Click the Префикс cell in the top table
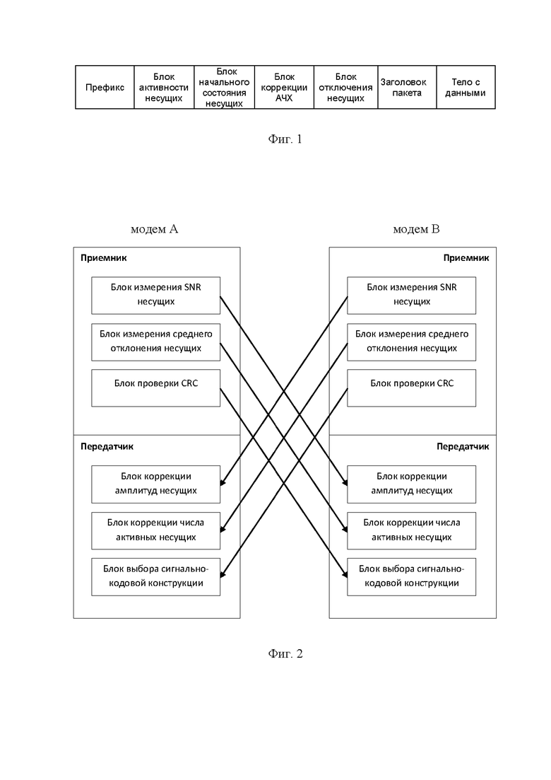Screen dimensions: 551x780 tap(105, 87)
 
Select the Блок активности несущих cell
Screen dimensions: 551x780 tap(164, 87)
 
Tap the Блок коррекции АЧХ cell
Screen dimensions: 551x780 tap(284, 87)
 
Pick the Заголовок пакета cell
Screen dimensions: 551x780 tap(407, 87)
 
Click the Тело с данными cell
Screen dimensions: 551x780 tap(466, 87)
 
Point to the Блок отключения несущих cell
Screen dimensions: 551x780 tap(346, 87)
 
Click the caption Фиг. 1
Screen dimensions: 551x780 tap(285, 139)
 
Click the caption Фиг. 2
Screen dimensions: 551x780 tap(285, 653)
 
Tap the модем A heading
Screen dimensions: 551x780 tap(154, 229)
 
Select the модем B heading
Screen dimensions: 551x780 tap(416, 229)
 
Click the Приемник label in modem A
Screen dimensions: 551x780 tap(103, 257)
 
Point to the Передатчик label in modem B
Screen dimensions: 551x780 tap(463, 447)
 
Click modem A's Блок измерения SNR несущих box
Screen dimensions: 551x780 tap(155, 296)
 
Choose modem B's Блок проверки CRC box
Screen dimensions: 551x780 tap(411, 388)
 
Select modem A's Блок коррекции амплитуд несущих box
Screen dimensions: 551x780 tap(155, 484)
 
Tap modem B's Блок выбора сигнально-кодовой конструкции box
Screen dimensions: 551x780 tap(411, 577)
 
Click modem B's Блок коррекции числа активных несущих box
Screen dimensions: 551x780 tap(411, 531)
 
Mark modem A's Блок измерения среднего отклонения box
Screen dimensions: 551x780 tap(155, 342)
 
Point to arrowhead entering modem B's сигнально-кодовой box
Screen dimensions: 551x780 tap(344, 574)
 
